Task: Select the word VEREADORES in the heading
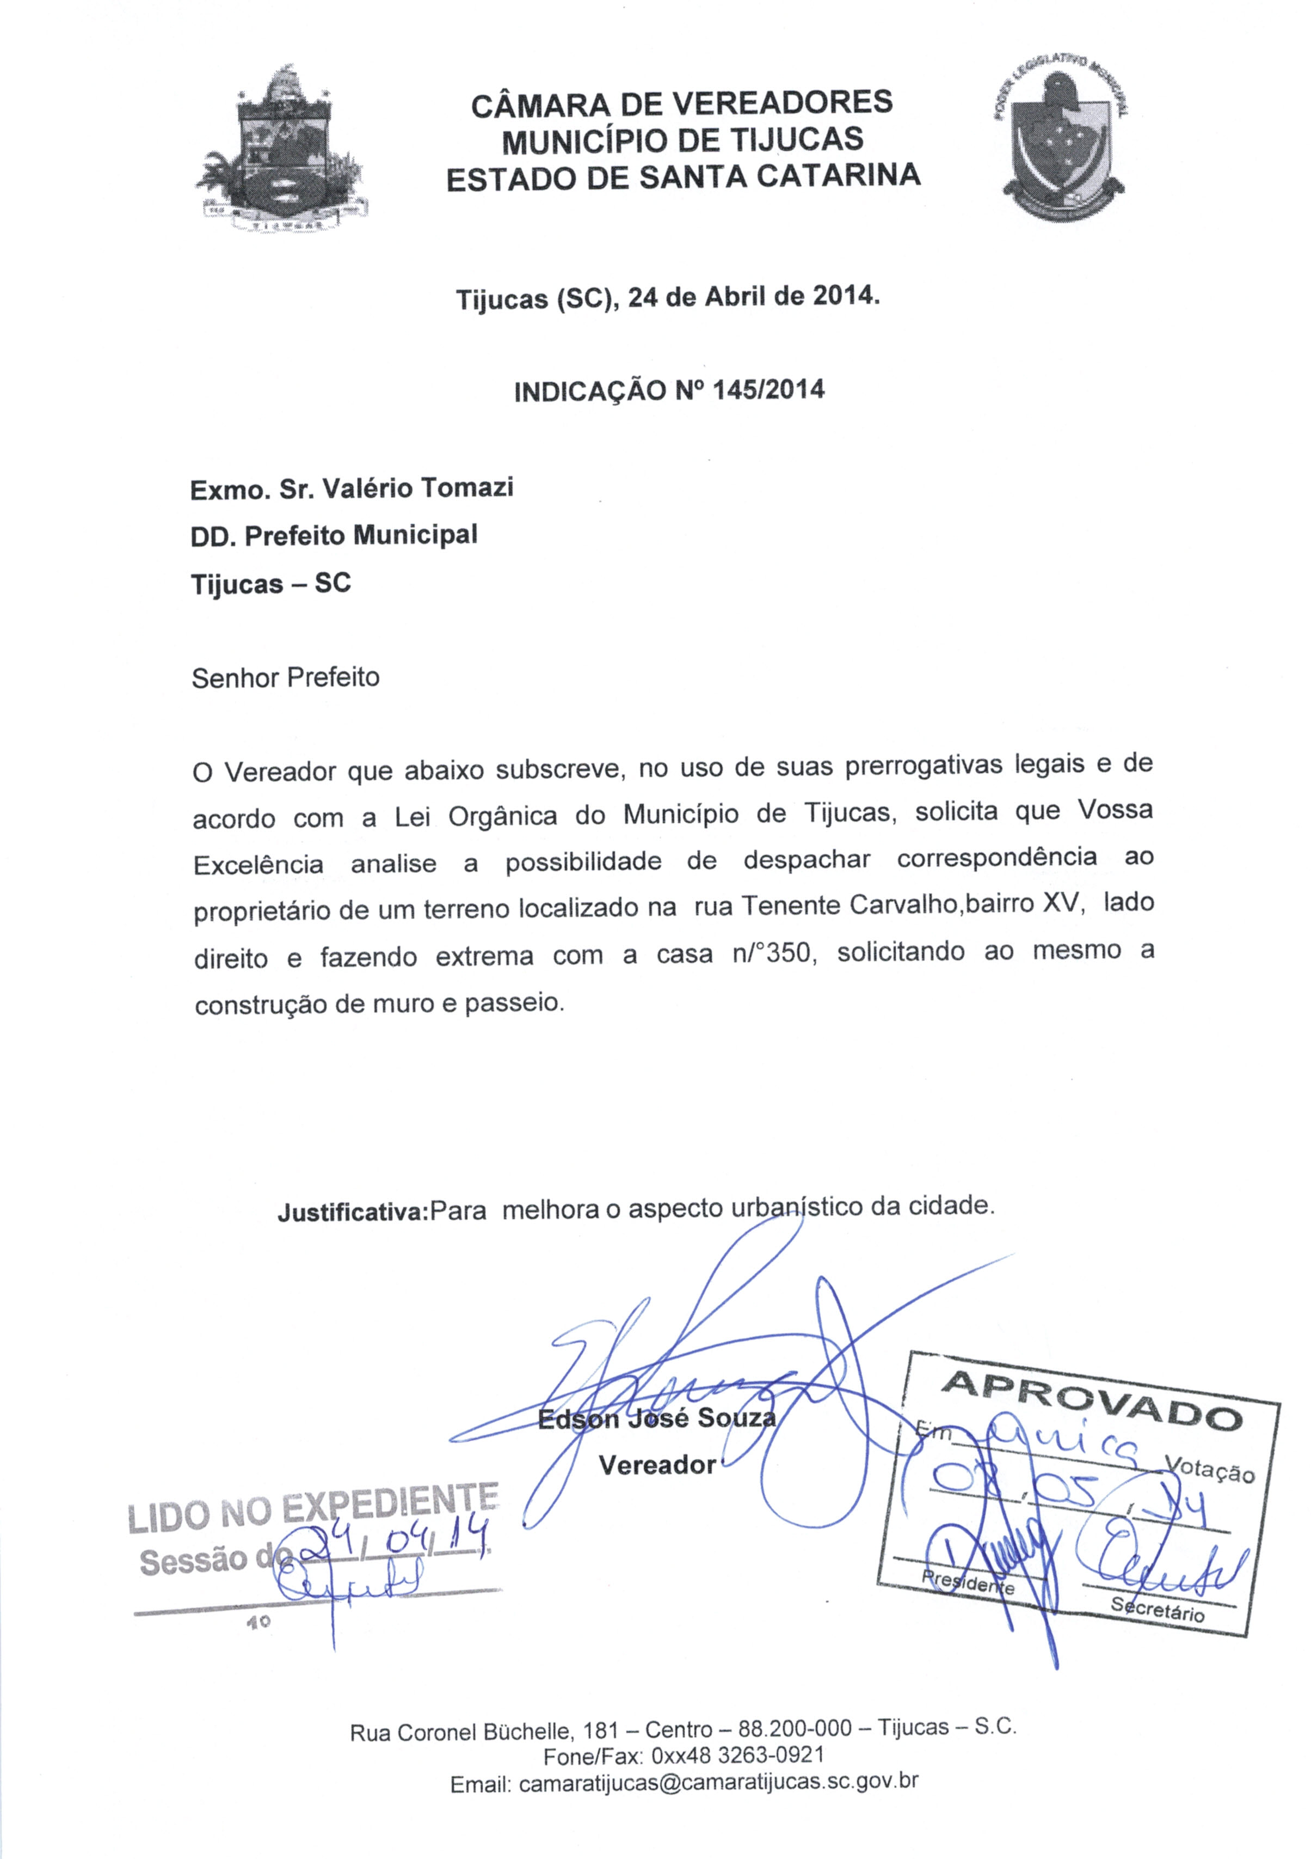coord(783,103)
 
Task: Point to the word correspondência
coord(997,858)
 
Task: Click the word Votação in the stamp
coord(1209,1468)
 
